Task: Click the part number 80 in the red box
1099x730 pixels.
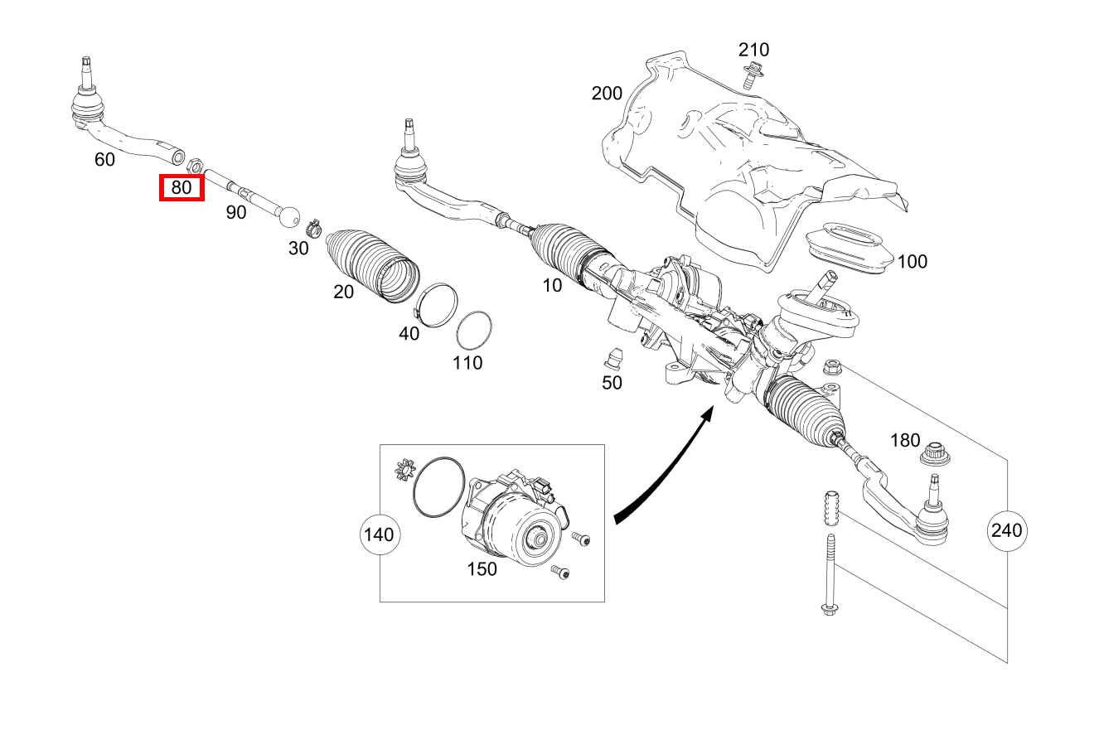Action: click(182, 188)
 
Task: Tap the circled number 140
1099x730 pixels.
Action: click(379, 534)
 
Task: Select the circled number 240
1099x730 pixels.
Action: click(1007, 529)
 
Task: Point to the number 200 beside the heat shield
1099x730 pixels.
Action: click(607, 93)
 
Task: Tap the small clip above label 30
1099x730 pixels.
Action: click(313, 224)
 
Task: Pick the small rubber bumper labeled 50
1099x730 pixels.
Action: click(612, 357)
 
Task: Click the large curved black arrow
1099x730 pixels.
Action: click(663, 472)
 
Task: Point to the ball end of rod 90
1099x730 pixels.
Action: click(289, 215)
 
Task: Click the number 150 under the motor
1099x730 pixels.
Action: click(482, 568)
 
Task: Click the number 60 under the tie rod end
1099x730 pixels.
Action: click(104, 159)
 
